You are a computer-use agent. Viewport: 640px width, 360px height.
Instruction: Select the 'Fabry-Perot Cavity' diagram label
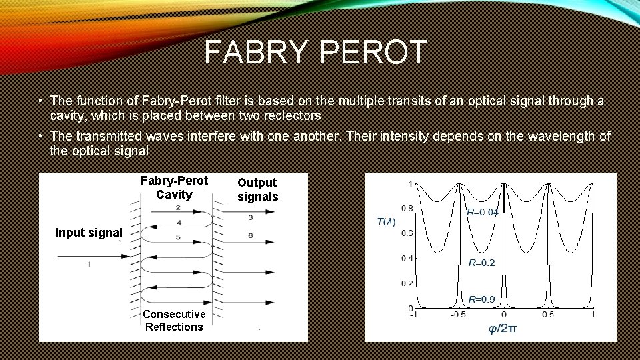174,188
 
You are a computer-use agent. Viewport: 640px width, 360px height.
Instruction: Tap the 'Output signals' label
257,189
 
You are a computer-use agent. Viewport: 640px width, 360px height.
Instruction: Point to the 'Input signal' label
89,233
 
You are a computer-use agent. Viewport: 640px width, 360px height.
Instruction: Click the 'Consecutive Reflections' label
174,320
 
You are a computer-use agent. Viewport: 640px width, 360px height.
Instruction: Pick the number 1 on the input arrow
89,265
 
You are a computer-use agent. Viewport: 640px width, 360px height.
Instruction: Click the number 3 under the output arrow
250,217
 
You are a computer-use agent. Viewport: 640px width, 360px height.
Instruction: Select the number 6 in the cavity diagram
250,235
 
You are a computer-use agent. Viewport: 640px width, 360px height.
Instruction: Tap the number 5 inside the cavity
177,237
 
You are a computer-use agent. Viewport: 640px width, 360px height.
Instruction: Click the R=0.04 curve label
482,213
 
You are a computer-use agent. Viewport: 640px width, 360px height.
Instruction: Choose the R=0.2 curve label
481,263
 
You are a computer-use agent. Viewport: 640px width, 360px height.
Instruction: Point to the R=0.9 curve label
481,299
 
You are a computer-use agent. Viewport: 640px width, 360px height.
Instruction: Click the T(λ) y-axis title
386,222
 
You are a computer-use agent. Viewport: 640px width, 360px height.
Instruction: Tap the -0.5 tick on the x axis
457,315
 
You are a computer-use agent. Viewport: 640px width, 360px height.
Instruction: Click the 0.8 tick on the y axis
406,209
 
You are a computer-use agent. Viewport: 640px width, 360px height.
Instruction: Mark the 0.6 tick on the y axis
406,233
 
